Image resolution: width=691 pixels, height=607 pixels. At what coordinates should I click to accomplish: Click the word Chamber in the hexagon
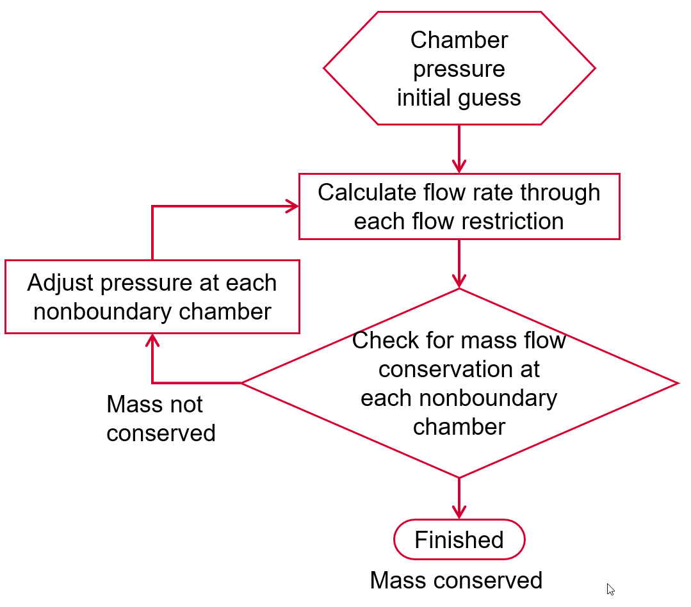click(459, 40)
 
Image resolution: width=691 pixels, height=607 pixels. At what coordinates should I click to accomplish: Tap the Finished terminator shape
click(459, 540)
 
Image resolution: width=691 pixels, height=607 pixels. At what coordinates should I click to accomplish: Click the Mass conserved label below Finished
click(456, 580)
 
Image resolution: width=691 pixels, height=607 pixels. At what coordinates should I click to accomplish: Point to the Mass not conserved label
click(160, 419)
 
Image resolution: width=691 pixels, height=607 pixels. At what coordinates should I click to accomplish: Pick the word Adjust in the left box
click(60, 282)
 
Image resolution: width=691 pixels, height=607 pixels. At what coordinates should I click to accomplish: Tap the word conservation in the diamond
click(459, 369)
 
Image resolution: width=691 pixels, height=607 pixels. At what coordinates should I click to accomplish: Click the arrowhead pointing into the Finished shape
click(459, 512)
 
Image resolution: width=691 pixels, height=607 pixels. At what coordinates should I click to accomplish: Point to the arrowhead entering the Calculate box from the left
click(292, 206)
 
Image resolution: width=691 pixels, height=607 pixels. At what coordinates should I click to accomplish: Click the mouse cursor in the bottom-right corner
click(610, 589)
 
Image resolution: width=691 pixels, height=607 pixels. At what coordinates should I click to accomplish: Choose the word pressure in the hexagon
click(459, 69)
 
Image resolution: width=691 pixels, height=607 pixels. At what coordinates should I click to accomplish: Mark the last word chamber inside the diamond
click(459, 426)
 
